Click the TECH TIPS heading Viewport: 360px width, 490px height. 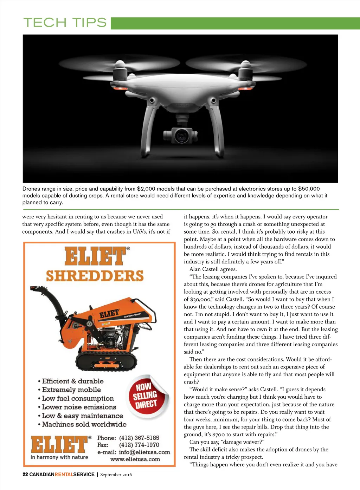point(65,23)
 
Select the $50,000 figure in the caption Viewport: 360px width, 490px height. point(309,189)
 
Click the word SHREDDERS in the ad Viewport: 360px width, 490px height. point(95,276)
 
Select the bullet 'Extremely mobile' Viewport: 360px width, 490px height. point(71,390)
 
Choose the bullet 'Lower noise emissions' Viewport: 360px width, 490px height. point(79,407)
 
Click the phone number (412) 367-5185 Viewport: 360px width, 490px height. point(139,438)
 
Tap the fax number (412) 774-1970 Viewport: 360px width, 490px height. point(139,445)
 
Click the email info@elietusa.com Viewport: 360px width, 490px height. point(144,452)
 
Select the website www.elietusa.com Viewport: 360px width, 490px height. point(135,459)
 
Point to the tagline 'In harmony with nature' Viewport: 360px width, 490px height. point(59,457)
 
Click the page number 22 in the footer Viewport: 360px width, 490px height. point(25,475)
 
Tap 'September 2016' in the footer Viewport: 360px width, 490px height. point(116,475)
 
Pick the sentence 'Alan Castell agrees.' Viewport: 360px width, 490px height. point(213,269)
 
